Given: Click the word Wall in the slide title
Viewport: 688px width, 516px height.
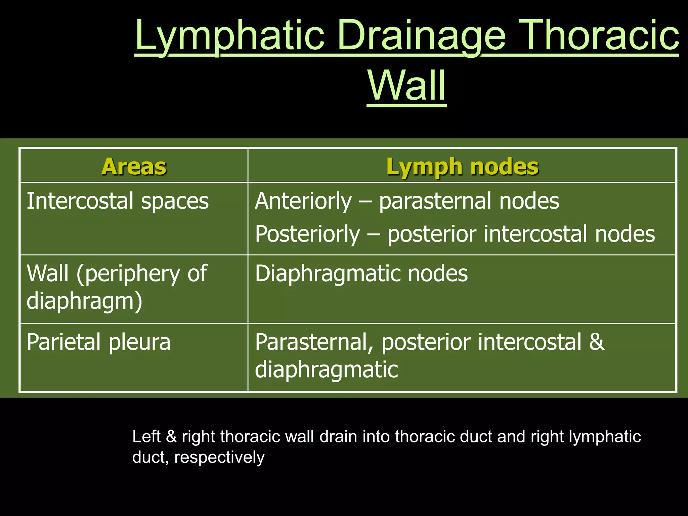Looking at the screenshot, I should [x=406, y=86].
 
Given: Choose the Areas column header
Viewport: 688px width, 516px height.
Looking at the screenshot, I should [x=134, y=166].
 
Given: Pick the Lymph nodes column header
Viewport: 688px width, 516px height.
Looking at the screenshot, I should [x=462, y=166].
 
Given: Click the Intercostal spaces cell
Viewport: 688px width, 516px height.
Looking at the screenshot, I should [x=118, y=201].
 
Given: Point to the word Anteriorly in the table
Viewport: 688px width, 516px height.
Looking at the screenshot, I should [x=303, y=201].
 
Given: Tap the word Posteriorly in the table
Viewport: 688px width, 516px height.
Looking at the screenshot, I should [x=307, y=234].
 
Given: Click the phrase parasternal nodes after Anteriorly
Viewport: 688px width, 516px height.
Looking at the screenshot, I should [x=469, y=201].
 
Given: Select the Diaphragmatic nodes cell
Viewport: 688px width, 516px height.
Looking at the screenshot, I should [x=361, y=273].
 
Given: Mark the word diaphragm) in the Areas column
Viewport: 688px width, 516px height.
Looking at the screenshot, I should [x=84, y=301].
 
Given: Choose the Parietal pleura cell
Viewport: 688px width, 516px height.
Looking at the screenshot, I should [x=98, y=342].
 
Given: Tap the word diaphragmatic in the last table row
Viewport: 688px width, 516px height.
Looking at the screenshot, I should [x=326, y=370].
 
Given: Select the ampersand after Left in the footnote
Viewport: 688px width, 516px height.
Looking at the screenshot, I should [x=171, y=437].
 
